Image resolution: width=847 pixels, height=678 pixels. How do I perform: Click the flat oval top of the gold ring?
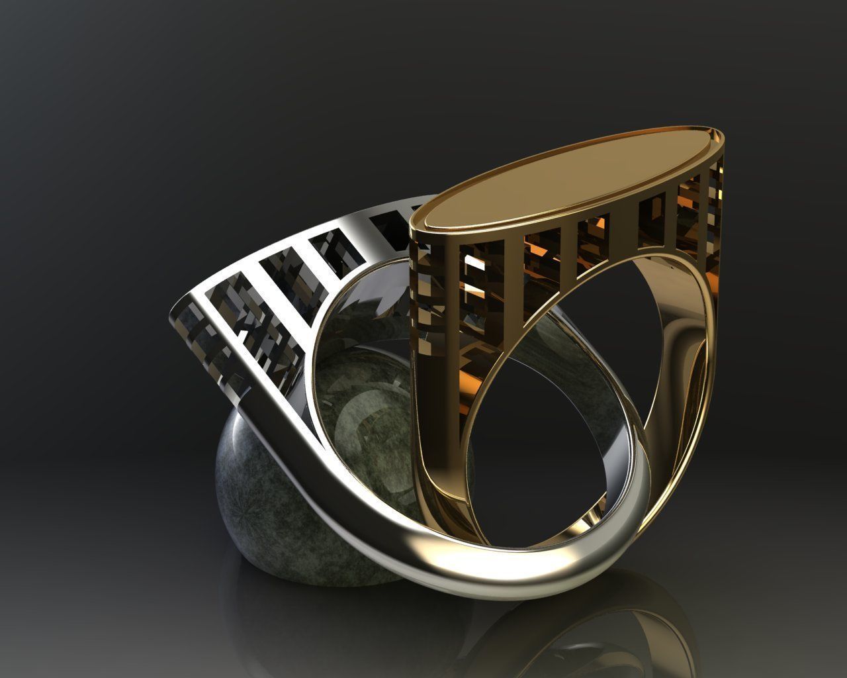click(569, 175)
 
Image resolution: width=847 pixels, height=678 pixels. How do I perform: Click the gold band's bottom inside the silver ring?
click(529, 536)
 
